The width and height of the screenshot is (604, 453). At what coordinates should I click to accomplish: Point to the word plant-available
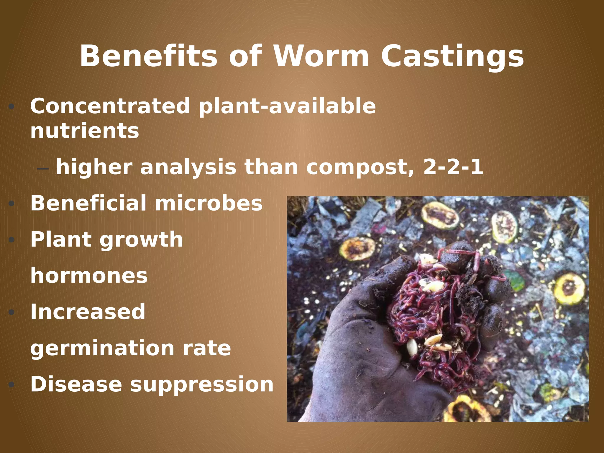287,107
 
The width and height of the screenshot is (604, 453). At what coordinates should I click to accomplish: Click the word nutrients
85,131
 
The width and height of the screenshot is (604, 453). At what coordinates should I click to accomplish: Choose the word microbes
209,203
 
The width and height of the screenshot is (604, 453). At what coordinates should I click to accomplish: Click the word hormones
89,275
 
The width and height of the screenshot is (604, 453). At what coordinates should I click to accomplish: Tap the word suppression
202,385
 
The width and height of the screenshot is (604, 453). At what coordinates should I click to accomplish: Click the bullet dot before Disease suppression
12,385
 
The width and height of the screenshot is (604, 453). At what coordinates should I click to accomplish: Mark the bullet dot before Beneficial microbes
12,203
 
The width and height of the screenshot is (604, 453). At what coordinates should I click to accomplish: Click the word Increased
88,312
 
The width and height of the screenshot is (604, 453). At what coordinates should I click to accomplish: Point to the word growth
141,240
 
